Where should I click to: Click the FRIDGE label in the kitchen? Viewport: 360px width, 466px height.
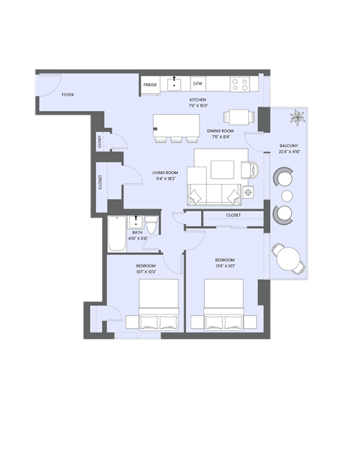point(150,85)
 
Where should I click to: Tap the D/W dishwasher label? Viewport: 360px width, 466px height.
point(198,84)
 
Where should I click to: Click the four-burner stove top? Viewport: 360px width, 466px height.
point(240,84)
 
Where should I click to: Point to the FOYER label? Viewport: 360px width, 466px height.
point(68,95)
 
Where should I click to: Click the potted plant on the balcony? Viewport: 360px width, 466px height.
point(298,117)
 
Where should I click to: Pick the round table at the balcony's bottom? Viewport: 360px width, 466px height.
point(288,257)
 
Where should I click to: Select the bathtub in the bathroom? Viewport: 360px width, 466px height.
point(117,234)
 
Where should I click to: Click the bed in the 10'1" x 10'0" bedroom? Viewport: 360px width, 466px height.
point(157,304)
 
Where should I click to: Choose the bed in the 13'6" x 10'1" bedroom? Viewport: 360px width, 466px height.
point(223,304)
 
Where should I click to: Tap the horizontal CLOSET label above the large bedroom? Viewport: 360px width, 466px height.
point(233,215)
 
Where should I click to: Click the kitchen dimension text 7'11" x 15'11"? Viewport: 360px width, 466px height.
point(198,106)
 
